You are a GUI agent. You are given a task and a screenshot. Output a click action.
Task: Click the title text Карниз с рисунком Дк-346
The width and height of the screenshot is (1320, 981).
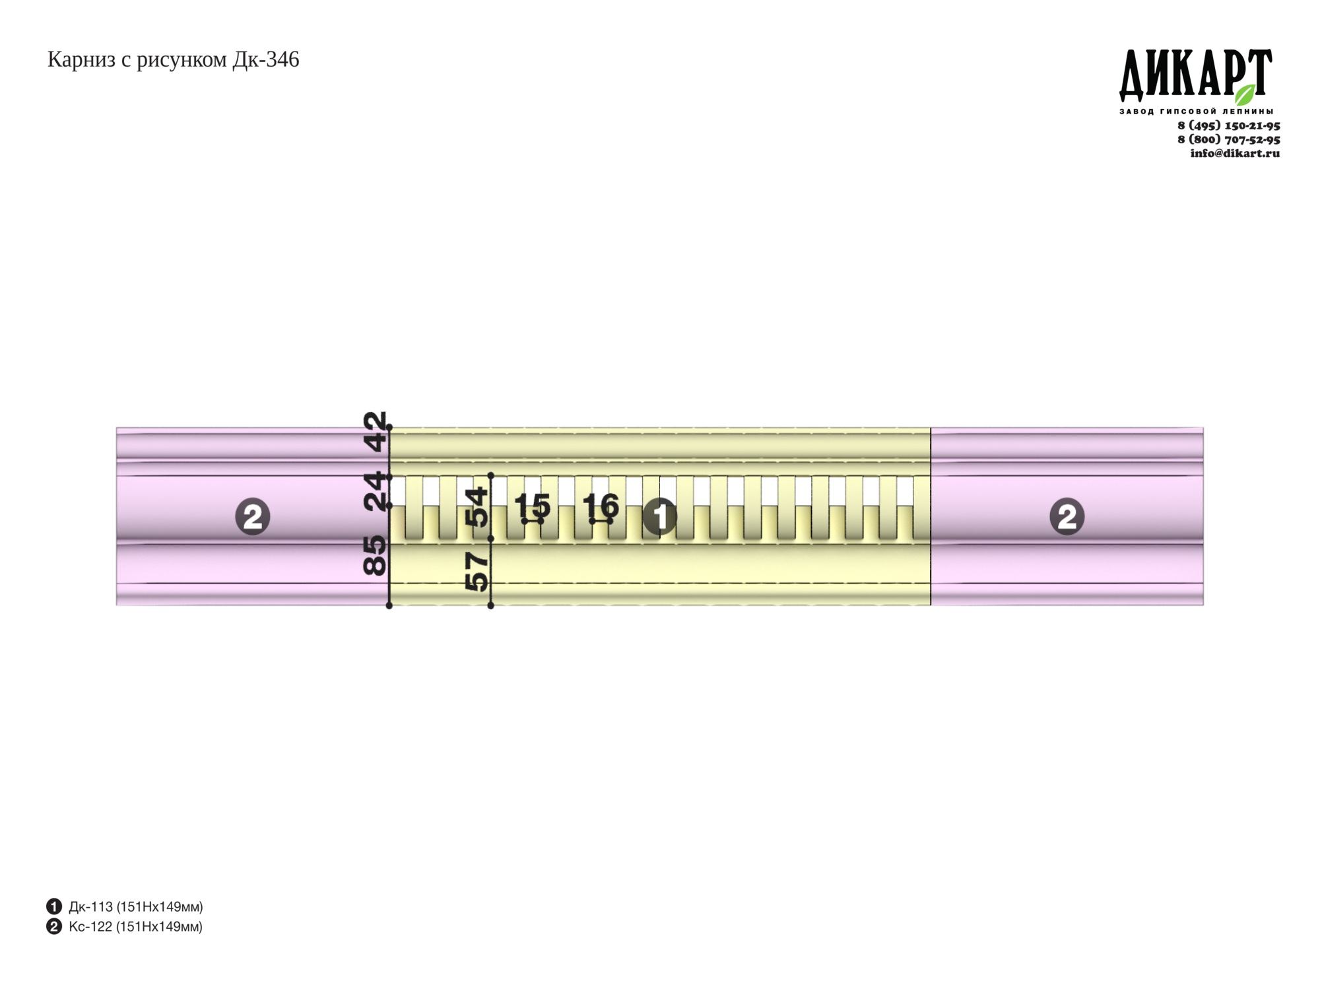point(173,60)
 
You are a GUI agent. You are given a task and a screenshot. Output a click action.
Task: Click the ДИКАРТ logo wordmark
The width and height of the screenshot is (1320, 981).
point(1195,75)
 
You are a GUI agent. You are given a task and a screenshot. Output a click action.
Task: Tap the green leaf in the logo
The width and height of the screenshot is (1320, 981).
point(1245,94)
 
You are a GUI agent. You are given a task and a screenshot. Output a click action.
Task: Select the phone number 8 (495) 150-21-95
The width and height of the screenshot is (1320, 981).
point(1229,125)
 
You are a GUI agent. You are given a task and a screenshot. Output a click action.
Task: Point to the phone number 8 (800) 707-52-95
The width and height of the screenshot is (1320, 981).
point(1229,139)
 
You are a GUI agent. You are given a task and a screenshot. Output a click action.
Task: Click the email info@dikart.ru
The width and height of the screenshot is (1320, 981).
point(1235,153)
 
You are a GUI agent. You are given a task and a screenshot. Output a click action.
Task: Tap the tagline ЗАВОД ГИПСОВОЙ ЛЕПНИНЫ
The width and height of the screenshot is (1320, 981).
point(1196,112)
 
